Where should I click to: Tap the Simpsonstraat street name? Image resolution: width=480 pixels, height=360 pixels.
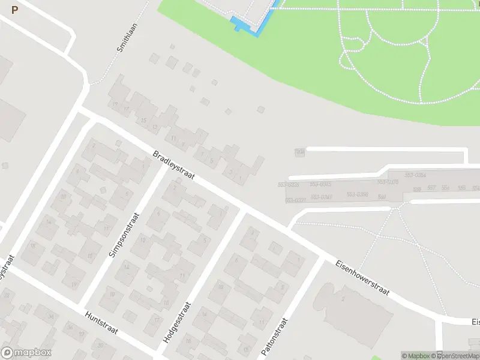click(x=124, y=235)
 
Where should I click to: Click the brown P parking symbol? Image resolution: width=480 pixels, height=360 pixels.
click(x=14, y=10)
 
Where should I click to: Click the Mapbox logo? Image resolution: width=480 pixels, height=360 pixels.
click(x=26, y=353)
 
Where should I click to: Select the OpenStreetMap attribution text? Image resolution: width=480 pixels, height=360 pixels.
click(x=457, y=356)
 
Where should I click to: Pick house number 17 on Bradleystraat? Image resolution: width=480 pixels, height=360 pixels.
click(x=126, y=109)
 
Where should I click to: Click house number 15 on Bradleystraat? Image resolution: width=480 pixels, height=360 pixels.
click(x=143, y=121)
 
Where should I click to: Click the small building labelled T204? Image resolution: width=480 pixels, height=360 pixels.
click(x=299, y=152)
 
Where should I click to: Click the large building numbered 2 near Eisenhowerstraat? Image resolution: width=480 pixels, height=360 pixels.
click(x=343, y=299)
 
